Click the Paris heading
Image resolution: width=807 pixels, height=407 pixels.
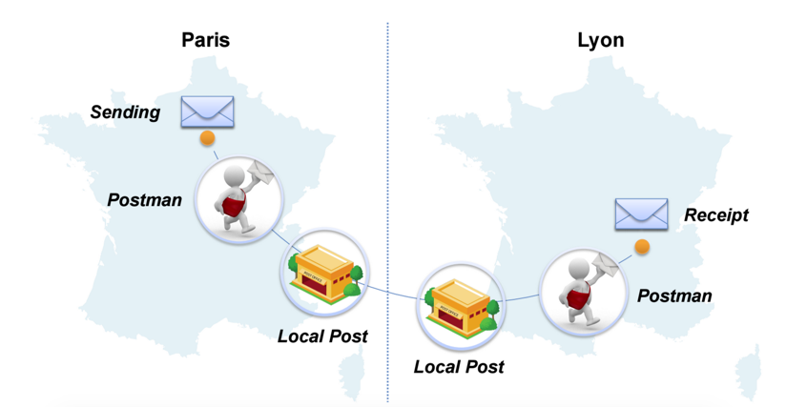[x=205, y=40]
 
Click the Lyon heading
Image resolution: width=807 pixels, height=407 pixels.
[x=601, y=40]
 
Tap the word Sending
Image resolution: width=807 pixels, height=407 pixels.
[x=125, y=112]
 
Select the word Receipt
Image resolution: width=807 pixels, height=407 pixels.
[x=716, y=214]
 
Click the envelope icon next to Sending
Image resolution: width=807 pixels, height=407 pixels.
[x=207, y=112]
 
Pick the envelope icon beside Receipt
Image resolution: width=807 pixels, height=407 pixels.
[x=641, y=214]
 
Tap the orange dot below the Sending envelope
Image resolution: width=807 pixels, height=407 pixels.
[x=207, y=138]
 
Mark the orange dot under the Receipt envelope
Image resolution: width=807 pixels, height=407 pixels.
[x=642, y=247]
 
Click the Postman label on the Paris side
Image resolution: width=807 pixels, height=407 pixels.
[x=144, y=199]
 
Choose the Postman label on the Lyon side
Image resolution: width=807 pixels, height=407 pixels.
[x=674, y=295]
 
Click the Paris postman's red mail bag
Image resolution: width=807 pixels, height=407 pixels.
[x=233, y=203]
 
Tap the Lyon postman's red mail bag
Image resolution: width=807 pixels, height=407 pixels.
[x=578, y=295]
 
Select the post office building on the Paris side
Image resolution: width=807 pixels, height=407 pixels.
[x=325, y=273]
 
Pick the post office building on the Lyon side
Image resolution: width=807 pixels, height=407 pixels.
[x=461, y=307]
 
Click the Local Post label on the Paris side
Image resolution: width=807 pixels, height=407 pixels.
[x=322, y=336]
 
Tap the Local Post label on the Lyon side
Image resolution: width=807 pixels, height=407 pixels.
[x=459, y=367]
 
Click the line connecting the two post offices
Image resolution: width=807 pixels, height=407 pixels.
[x=391, y=293]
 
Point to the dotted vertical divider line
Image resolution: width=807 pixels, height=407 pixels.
[x=387, y=211]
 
